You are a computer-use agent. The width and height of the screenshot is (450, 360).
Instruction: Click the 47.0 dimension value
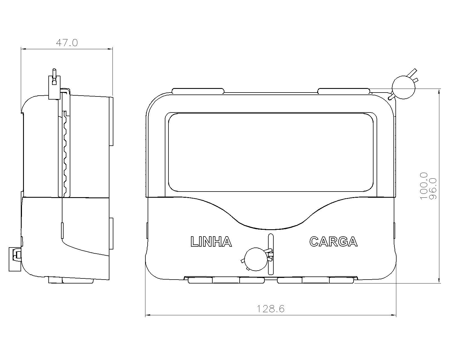pos(67,43)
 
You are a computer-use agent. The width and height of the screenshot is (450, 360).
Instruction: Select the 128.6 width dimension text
pos(270,309)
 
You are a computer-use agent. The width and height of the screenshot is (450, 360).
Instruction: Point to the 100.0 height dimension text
pos(424,186)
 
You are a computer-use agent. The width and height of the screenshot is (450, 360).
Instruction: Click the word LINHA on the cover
pos(211,242)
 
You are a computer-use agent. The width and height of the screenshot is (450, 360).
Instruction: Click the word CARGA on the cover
pos(333,242)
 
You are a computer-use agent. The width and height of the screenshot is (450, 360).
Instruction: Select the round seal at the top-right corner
pos(403,87)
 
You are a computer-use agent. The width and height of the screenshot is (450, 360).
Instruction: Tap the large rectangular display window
pos(271,152)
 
